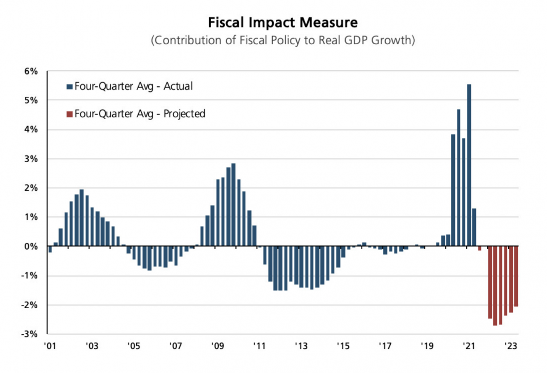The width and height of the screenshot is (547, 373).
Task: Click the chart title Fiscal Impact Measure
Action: click(283, 22)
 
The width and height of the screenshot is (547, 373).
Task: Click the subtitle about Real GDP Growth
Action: click(283, 40)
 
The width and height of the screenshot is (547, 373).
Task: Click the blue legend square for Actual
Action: click(69, 86)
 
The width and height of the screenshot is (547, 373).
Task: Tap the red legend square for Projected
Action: click(69, 114)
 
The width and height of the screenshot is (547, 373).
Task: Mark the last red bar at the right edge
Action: click(516, 276)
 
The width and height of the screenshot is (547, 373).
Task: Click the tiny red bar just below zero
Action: click(480, 248)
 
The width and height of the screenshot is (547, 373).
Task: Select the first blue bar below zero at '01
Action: click(50, 249)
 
